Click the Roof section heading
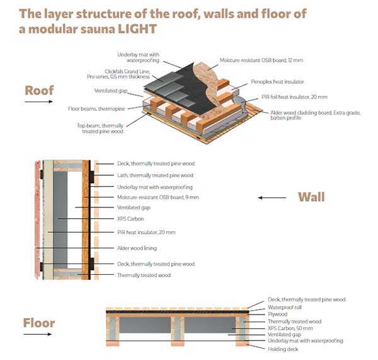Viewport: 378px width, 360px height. point(40,90)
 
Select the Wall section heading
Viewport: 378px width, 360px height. point(311,197)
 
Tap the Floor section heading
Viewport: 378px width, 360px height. point(39,323)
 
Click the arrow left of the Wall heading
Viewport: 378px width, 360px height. point(272,197)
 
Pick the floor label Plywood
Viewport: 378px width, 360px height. point(277,313)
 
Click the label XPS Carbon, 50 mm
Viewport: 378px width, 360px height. point(289,327)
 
